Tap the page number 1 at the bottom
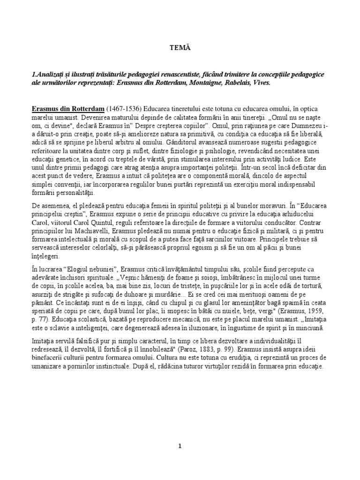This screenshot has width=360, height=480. click(180, 446)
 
